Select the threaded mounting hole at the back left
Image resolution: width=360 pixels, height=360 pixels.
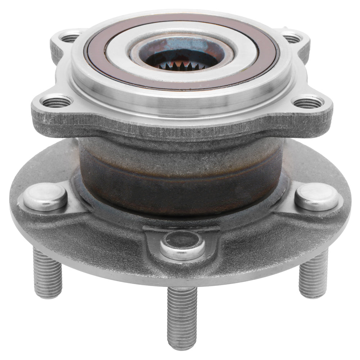click(x=70, y=37)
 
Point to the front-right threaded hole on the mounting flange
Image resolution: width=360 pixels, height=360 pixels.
click(x=308, y=102)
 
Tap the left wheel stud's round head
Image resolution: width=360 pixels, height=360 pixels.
click(x=45, y=196)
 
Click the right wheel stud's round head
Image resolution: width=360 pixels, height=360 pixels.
click(x=317, y=196)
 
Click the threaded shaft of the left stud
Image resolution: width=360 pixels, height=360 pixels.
click(x=48, y=274)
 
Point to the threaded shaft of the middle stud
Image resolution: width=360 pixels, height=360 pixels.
click(x=182, y=313)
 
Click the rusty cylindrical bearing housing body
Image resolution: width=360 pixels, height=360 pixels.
click(x=180, y=173)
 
